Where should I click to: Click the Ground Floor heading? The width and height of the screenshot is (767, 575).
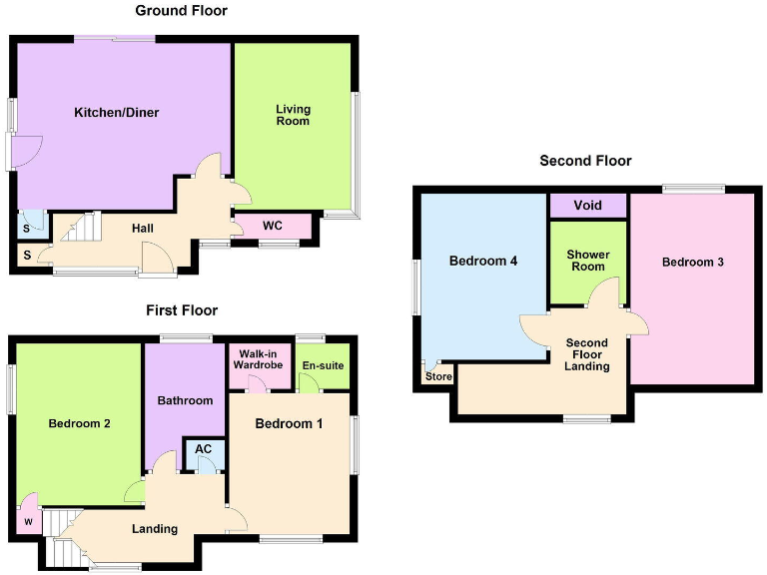(181, 11)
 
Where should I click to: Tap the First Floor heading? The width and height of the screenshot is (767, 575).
(181, 310)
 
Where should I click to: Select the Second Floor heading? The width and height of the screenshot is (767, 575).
(585, 160)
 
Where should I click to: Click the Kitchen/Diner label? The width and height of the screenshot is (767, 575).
(117, 113)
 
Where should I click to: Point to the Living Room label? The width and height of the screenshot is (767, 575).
(294, 115)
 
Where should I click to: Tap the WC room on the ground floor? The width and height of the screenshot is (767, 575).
(273, 226)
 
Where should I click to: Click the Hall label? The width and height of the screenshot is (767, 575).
(143, 229)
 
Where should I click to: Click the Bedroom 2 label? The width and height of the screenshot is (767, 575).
(79, 423)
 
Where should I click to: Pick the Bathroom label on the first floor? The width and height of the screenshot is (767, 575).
(185, 400)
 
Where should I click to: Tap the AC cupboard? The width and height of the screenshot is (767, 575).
(204, 449)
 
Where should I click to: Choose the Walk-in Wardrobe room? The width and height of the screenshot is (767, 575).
(260, 359)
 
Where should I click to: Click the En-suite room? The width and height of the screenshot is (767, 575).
(323, 365)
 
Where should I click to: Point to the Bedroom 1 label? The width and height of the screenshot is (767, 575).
(289, 423)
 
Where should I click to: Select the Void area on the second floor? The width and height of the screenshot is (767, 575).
(588, 206)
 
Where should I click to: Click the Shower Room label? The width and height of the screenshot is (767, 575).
(587, 261)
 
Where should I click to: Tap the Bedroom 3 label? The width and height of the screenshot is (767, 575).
(692, 263)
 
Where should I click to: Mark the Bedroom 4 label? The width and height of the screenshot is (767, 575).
(482, 262)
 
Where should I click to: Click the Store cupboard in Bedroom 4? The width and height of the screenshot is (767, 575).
(438, 376)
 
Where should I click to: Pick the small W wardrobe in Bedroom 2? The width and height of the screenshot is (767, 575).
(27, 519)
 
